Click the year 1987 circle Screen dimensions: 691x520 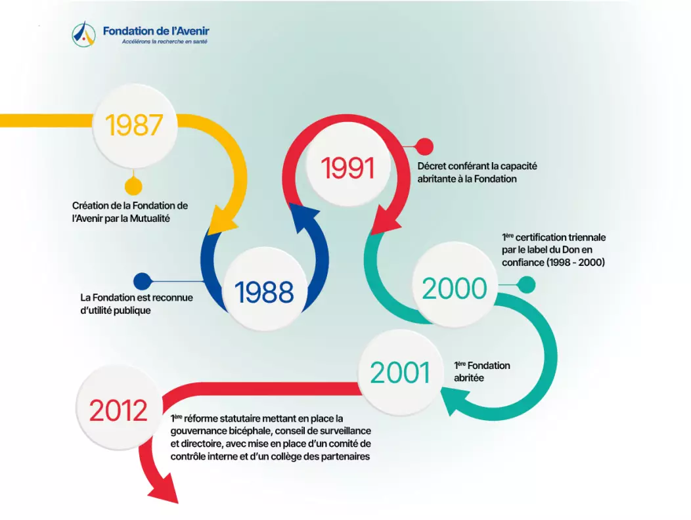point(135,125)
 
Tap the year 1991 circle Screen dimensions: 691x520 point(347,167)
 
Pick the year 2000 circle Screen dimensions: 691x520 point(455,288)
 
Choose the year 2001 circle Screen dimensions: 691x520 point(400,372)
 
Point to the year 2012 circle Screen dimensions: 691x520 point(118,410)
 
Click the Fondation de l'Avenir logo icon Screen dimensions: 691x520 point(83,34)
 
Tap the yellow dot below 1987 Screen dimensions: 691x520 point(133,186)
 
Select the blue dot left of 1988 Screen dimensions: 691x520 point(143,281)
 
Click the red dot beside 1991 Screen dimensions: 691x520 point(424,146)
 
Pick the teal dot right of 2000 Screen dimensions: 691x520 point(526,285)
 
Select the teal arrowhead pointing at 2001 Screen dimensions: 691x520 point(454,403)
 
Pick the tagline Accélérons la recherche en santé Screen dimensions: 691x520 point(164,41)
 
